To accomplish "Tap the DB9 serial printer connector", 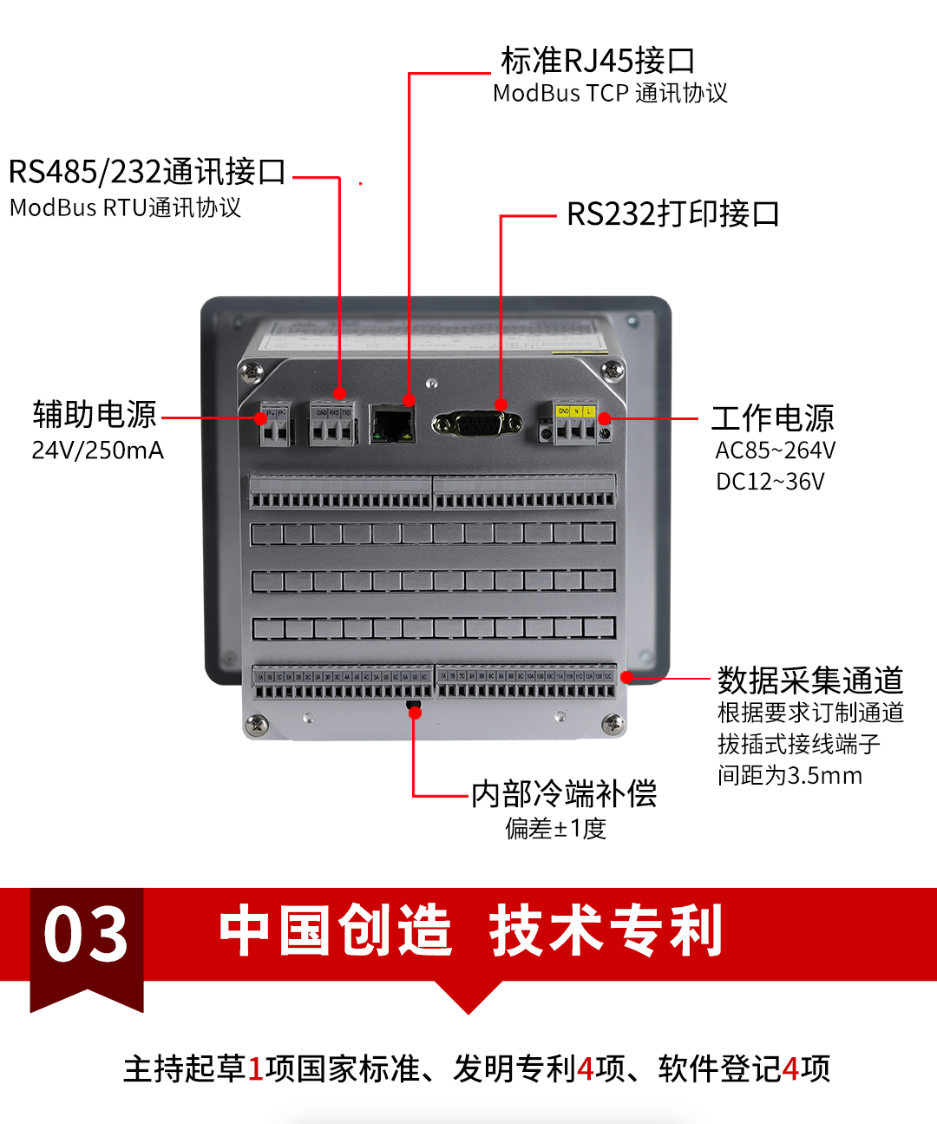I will click(x=477, y=424).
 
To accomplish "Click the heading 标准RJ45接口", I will click(x=598, y=61).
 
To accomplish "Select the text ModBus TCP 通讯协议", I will click(x=610, y=94).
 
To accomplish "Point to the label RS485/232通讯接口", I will click(x=147, y=172).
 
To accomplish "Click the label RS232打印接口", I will click(x=672, y=214).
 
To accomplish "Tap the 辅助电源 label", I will click(x=95, y=415).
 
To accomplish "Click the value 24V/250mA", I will click(x=97, y=450).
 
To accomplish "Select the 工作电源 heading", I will click(x=772, y=418).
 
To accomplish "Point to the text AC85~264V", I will click(x=775, y=450).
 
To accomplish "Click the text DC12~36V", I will click(x=770, y=482).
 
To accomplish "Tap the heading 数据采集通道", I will click(x=810, y=680).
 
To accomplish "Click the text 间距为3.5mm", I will click(x=790, y=775).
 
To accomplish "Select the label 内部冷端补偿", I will click(x=564, y=793).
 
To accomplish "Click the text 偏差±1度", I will click(x=556, y=829).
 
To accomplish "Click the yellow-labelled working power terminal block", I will click(x=574, y=424).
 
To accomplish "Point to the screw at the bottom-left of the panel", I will click(x=257, y=722).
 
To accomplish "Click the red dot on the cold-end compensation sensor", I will click(x=415, y=713).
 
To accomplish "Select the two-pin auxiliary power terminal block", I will click(x=275, y=425).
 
